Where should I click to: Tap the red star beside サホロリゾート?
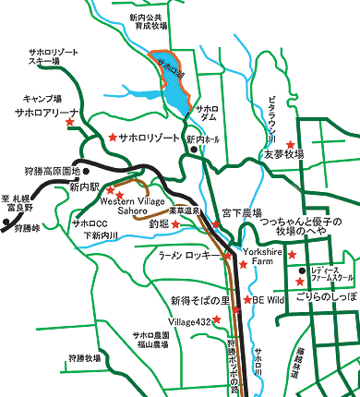point(113,136)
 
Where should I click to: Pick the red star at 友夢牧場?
point(291,144)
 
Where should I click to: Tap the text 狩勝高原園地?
point(41,171)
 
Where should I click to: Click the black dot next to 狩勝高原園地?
point(87,171)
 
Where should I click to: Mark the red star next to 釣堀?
point(175,224)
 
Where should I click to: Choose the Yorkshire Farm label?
point(264,256)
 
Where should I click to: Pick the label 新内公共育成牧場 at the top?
point(152,23)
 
